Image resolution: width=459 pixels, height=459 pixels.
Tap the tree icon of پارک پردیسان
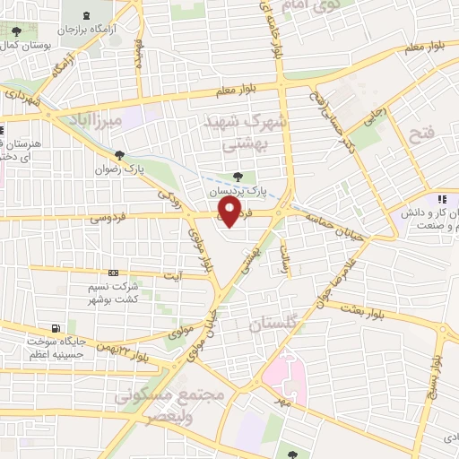click(237, 178)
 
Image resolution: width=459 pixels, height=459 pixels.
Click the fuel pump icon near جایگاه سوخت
click(57, 327)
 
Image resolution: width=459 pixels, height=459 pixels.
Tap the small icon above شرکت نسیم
click(112, 273)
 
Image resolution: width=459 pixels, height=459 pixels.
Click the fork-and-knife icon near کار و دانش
click(441, 199)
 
